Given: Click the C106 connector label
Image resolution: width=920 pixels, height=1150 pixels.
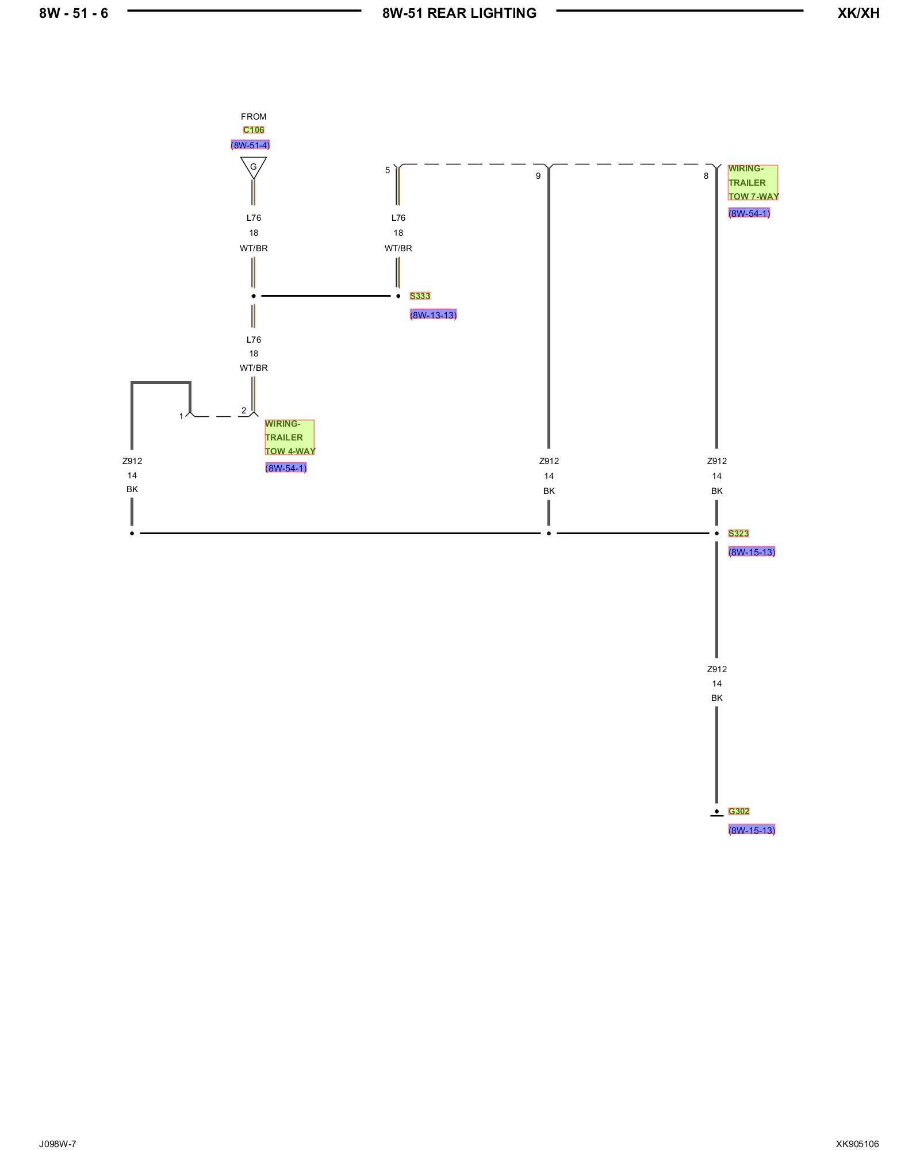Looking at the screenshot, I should tap(253, 130).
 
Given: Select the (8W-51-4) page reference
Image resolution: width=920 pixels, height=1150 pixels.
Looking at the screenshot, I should tap(250, 145).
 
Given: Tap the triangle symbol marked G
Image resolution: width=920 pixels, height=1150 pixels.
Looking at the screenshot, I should tap(253, 167).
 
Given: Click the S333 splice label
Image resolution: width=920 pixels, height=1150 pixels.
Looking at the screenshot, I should tap(420, 296).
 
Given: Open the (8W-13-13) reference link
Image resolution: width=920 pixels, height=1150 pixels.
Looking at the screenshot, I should tap(433, 315).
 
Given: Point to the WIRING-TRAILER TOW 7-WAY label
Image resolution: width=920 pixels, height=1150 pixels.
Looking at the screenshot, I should tap(753, 182).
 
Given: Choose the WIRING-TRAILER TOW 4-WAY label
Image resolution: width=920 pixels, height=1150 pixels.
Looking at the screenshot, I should tap(289, 438).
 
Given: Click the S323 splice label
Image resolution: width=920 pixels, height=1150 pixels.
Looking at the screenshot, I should tap(738, 534).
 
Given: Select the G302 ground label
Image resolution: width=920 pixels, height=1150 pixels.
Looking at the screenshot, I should tap(739, 811).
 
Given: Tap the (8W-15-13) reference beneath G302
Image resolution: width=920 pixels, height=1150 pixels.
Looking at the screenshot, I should tap(752, 830).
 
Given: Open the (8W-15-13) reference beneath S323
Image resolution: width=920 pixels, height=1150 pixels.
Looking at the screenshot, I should tap(752, 553).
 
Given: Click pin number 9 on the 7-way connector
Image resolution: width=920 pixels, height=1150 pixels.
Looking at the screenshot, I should tap(538, 176).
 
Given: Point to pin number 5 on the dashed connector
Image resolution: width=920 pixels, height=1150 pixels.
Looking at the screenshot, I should tap(388, 170).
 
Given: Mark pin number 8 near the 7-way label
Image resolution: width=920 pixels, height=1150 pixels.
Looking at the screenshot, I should tap(706, 176).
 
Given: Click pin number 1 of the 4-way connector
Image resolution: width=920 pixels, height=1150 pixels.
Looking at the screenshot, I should tap(181, 416).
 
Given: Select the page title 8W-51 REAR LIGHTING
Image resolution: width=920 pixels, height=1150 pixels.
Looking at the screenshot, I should tap(459, 13).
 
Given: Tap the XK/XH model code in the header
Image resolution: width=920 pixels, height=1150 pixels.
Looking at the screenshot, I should tap(858, 13).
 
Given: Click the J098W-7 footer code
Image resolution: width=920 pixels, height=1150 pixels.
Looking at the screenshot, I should tap(57, 1144).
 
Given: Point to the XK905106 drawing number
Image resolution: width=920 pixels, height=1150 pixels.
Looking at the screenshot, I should tap(857, 1144).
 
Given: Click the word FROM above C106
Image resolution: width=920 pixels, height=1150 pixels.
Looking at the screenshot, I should tap(254, 117).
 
